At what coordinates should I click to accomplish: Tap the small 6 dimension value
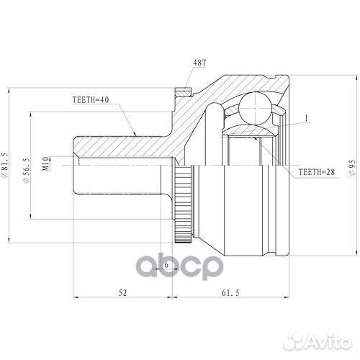166,265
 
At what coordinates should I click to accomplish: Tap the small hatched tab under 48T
183,93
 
